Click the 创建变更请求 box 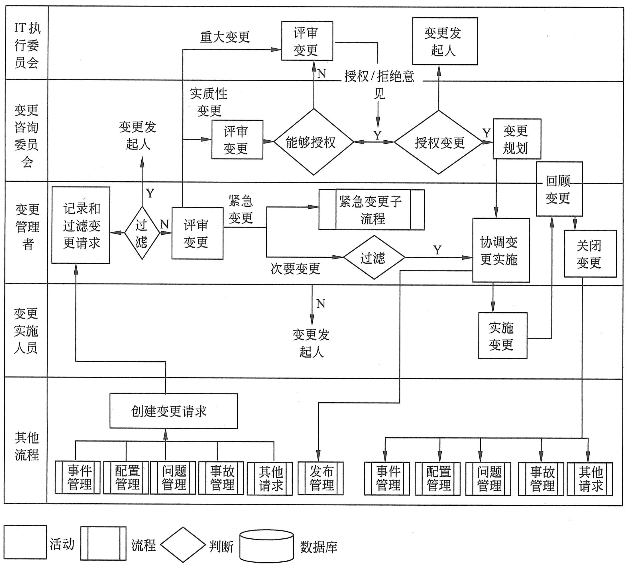point(174,411)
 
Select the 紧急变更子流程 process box point(371,210)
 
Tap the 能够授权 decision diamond point(314,142)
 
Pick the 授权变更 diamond point(439,142)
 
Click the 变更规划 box point(517,139)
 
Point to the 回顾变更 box point(559,189)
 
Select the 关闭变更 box point(590,253)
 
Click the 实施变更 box point(503,336)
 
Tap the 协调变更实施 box point(501,250)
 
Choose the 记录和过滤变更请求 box point(81,225)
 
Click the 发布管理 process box point(320,478)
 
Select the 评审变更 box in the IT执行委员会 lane point(307,41)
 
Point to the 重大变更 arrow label point(225,37)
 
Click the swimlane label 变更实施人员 point(26,331)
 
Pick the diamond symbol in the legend point(183,545)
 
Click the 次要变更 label point(295,268)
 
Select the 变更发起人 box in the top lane point(445,41)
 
